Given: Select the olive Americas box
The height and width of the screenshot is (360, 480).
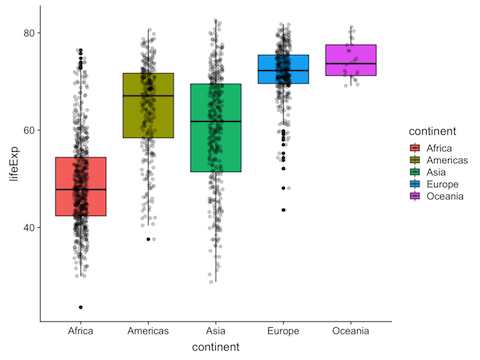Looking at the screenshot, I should click(x=148, y=105).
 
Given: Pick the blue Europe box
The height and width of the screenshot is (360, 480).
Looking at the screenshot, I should click(x=283, y=69).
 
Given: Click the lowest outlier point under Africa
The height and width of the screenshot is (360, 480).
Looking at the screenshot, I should click(x=81, y=307).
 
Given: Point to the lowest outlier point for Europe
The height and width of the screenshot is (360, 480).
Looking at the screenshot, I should click(x=283, y=210).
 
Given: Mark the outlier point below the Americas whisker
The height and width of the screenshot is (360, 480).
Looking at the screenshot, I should click(x=148, y=239).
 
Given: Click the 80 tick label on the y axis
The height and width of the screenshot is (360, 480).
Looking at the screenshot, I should click(x=30, y=33).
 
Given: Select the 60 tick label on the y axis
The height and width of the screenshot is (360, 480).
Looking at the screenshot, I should click(x=30, y=130).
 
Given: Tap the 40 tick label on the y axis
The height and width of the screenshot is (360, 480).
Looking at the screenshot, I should click(x=30, y=227).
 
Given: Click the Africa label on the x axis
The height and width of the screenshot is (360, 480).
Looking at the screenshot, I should click(x=81, y=331).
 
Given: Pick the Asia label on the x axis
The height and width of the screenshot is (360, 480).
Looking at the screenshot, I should click(x=216, y=331).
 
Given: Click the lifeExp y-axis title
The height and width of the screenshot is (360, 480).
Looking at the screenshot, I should click(x=12, y=164).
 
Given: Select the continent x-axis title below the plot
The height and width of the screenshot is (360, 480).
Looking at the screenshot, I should click(x=216, y=347).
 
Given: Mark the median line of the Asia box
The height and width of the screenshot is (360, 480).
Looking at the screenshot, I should click(x=216, y=121).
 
